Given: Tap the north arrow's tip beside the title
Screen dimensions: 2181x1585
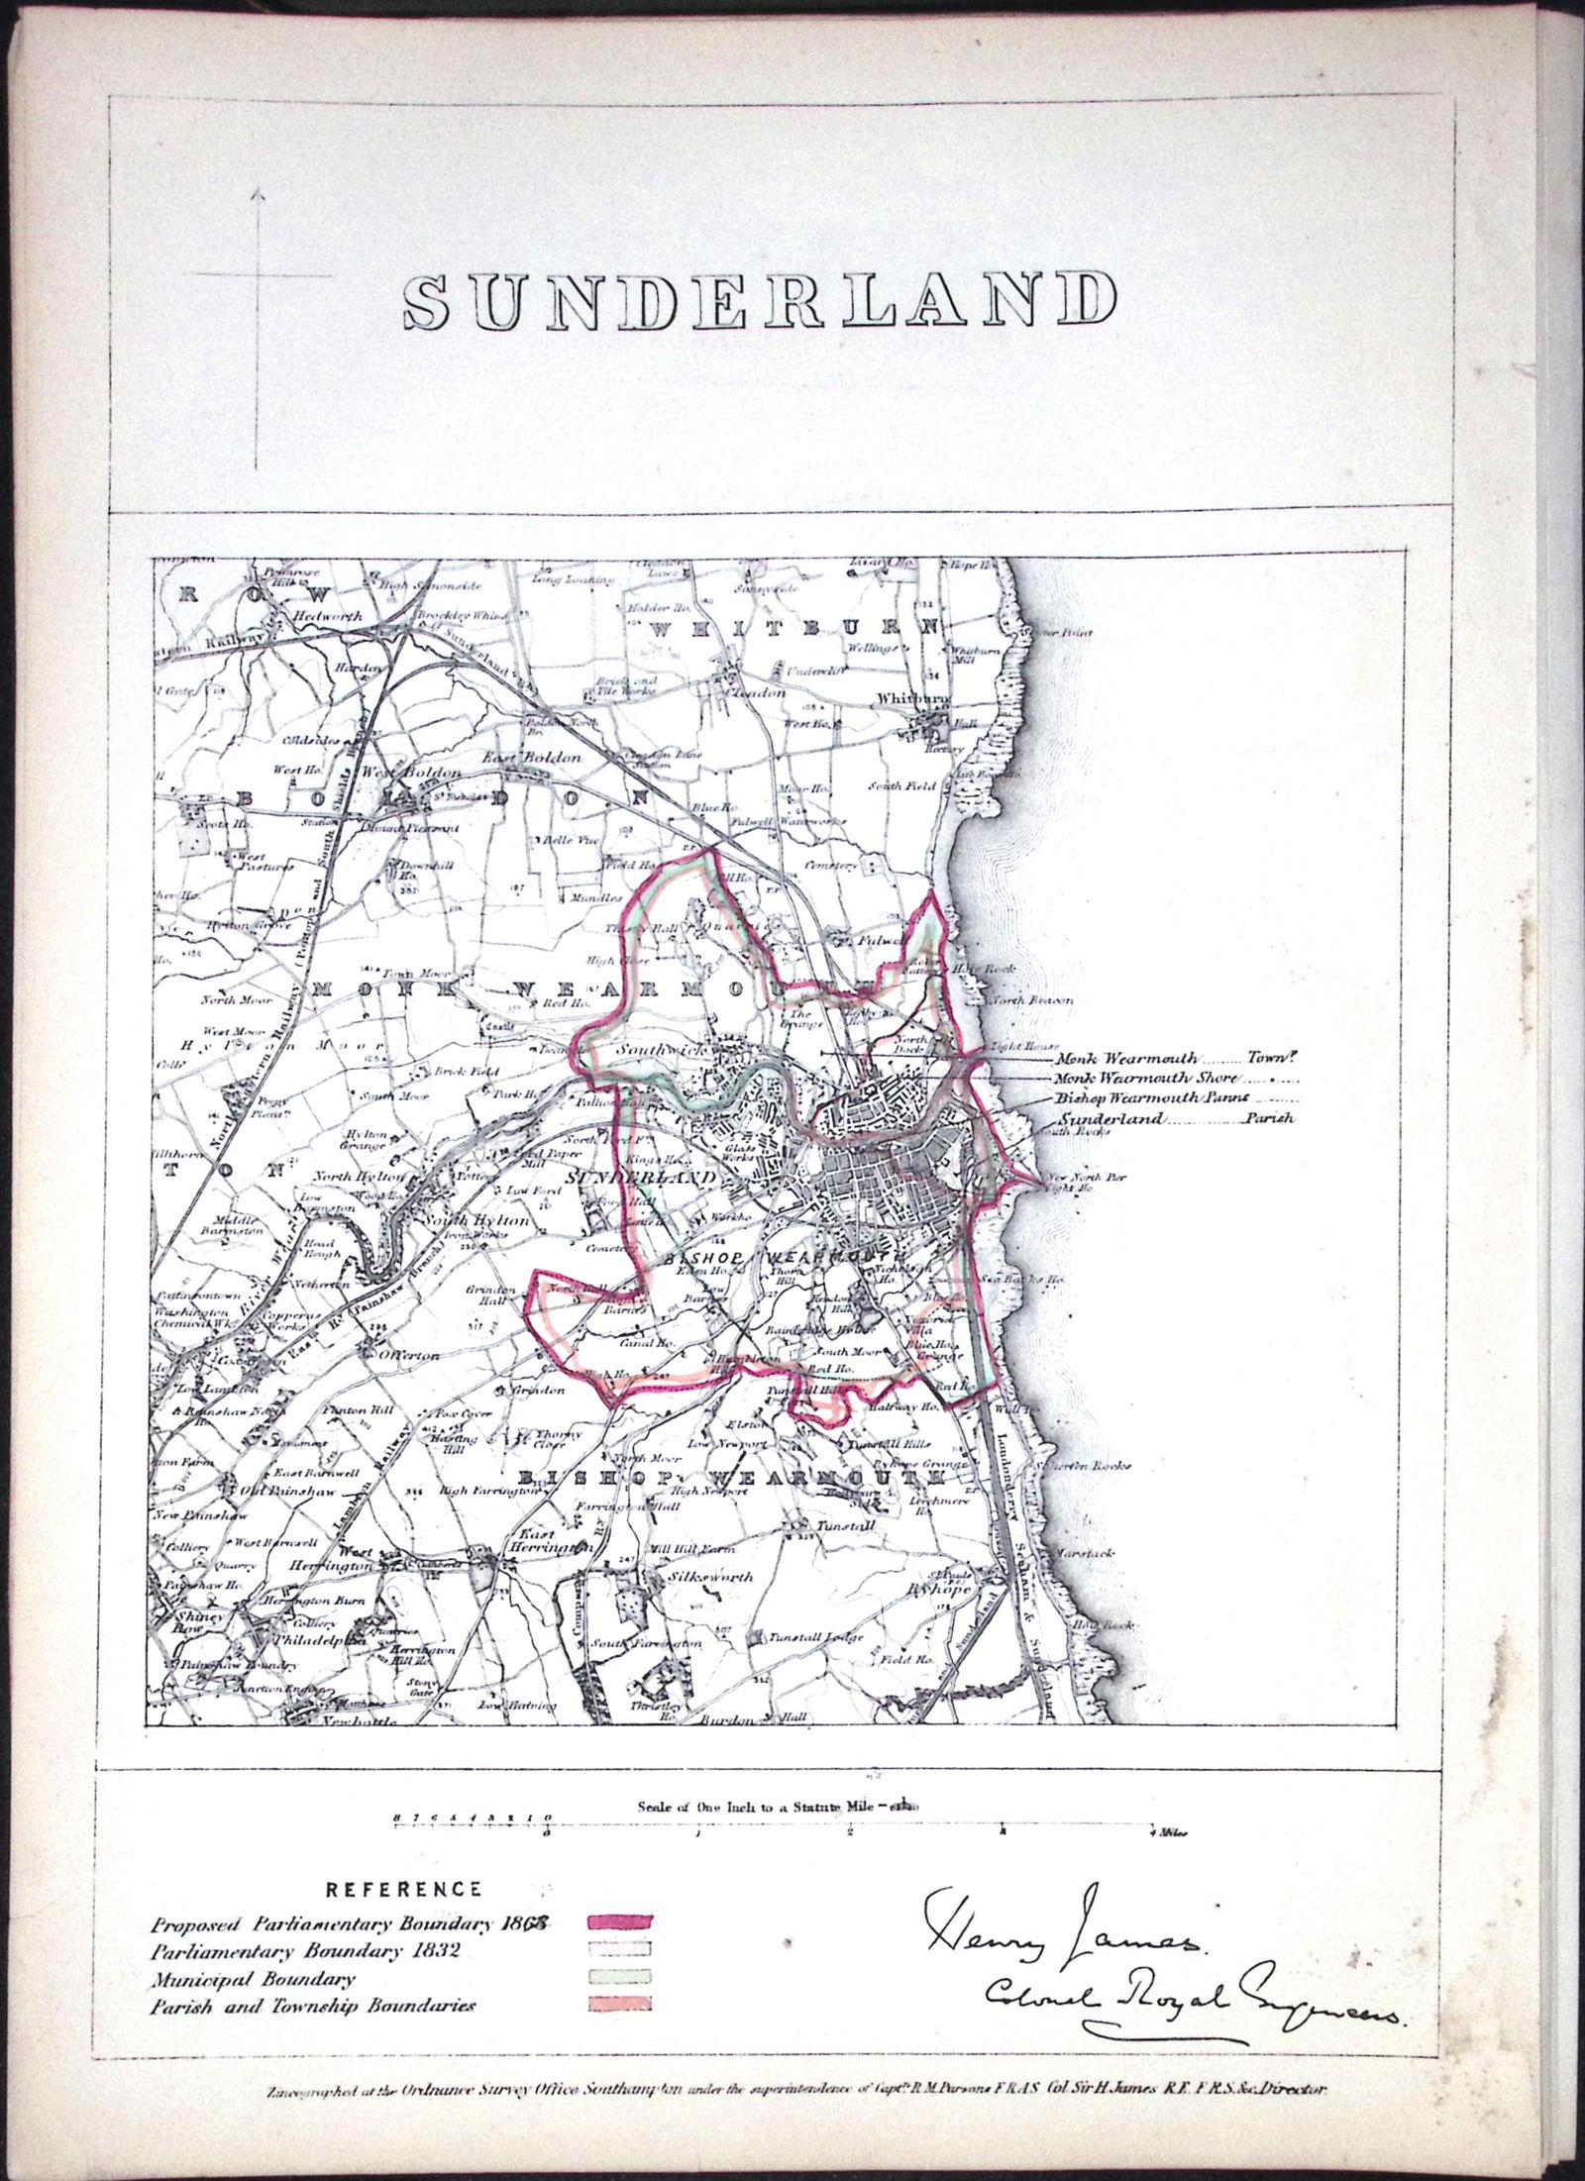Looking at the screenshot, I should [x=258, y=190].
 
